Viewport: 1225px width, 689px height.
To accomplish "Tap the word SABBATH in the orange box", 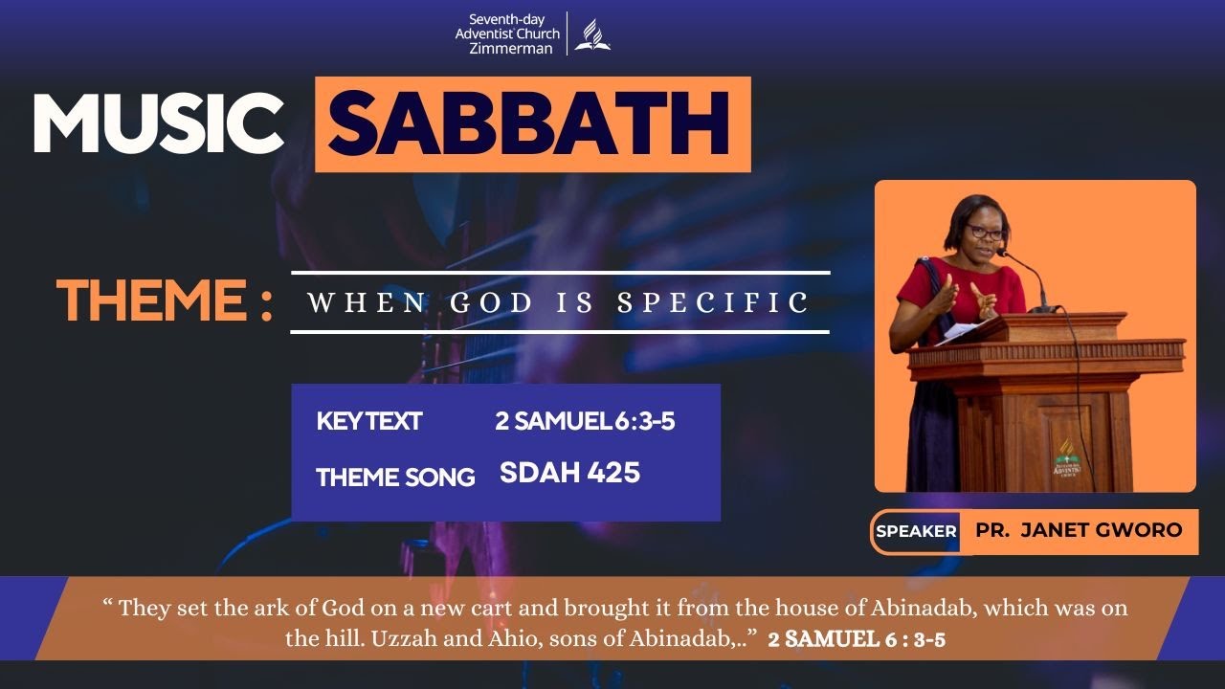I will coord(532,124).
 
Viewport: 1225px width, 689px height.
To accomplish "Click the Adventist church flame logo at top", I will coord(592,34).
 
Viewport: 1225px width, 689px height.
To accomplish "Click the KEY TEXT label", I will coord(369,421).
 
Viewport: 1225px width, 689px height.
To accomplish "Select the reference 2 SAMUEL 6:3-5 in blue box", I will coord(585,421).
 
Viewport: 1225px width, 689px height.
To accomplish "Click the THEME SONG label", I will coord(395,477).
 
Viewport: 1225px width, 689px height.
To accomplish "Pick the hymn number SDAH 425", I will coord(569,473).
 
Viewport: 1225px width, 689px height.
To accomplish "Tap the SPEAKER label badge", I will coord(916,531).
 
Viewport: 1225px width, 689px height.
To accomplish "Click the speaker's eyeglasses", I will coord(985,233).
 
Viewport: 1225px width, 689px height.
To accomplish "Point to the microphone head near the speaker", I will coord(1002,255).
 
